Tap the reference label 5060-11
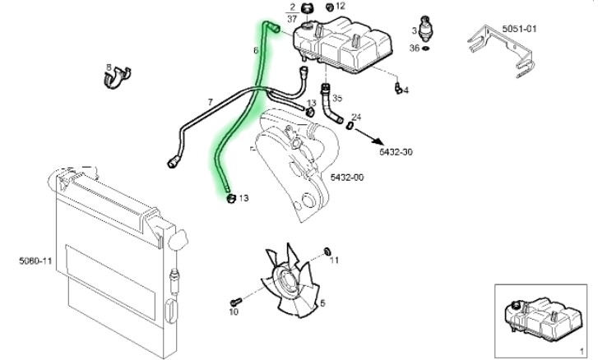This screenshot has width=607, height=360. (36, 261)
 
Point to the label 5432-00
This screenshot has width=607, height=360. (347, 177)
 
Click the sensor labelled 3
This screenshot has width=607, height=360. (426, 30)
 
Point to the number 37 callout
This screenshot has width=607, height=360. (293, 16)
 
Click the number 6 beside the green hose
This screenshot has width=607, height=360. (256, 51)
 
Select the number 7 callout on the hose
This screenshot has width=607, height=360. (210, 102)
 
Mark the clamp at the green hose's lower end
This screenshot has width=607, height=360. (230, 197)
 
